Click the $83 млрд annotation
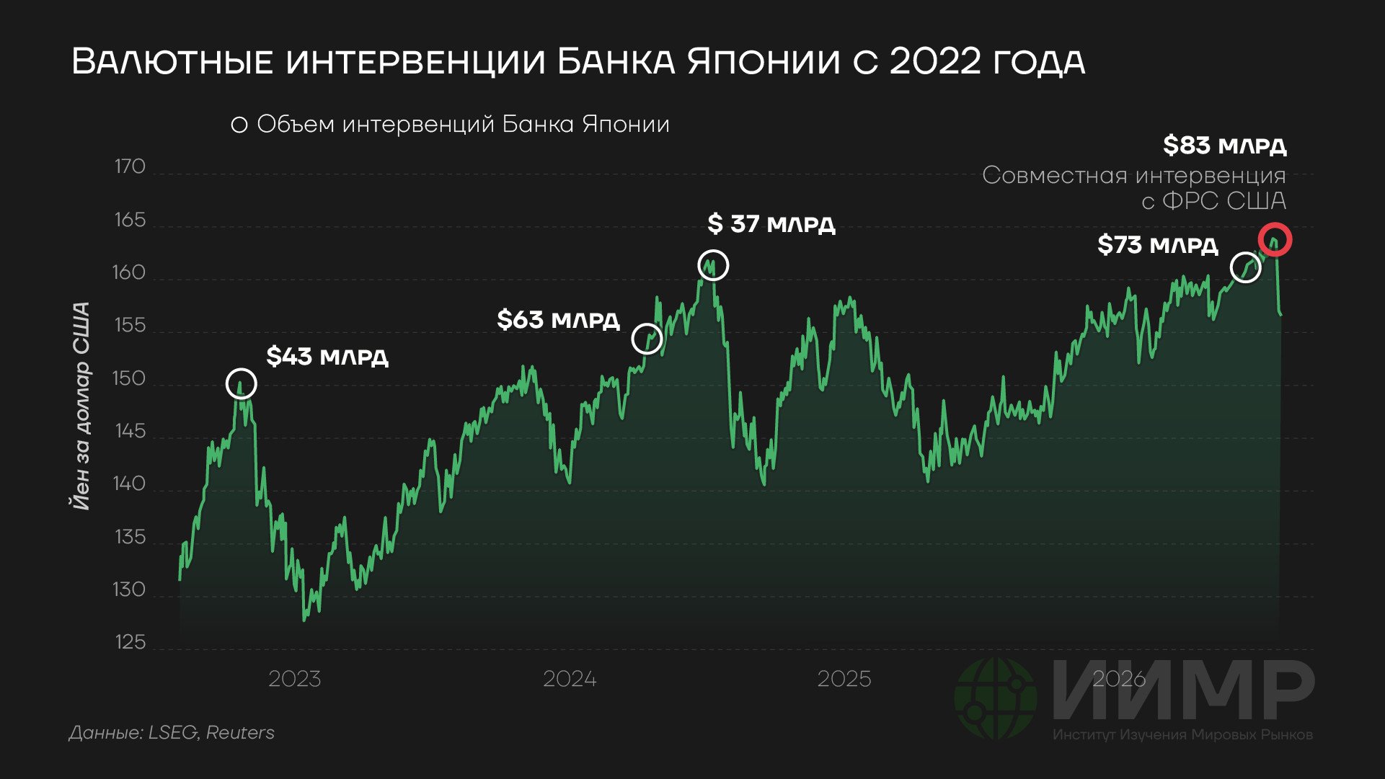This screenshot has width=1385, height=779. click(x=1224, y=146)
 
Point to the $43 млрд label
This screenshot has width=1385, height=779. click(x=327, y=357)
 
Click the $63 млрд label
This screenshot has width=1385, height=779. click(x=558, y=320)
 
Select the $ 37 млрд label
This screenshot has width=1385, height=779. click(x=771, y=224)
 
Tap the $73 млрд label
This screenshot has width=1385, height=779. click(x=1157, y=245)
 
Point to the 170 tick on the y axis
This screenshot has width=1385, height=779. click(x=130, y=167)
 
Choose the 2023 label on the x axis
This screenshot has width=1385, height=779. click(x=294, y=680)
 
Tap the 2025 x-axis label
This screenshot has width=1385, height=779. click(x=844, y=680)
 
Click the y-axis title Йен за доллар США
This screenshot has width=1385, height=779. click(x=81, y=406)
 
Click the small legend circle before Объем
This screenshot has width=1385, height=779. click(x=239, y=125)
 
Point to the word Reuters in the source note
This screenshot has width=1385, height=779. click(x=240, y=733)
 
